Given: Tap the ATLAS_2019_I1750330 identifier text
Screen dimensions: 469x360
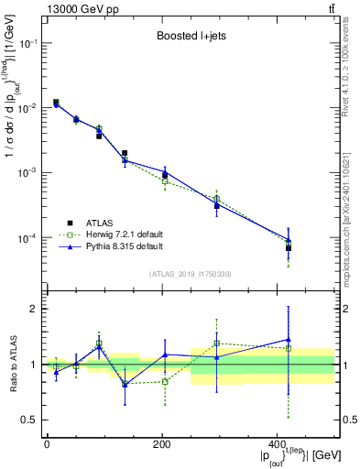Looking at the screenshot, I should pos(189,274).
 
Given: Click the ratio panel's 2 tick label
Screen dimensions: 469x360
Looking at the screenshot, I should pos(36,309).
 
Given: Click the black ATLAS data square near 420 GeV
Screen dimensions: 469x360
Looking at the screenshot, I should pos(289,248).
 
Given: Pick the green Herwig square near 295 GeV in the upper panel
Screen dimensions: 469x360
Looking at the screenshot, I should pos(217,198).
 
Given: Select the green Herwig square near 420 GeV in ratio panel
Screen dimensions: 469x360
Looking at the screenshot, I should pos(289,348).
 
